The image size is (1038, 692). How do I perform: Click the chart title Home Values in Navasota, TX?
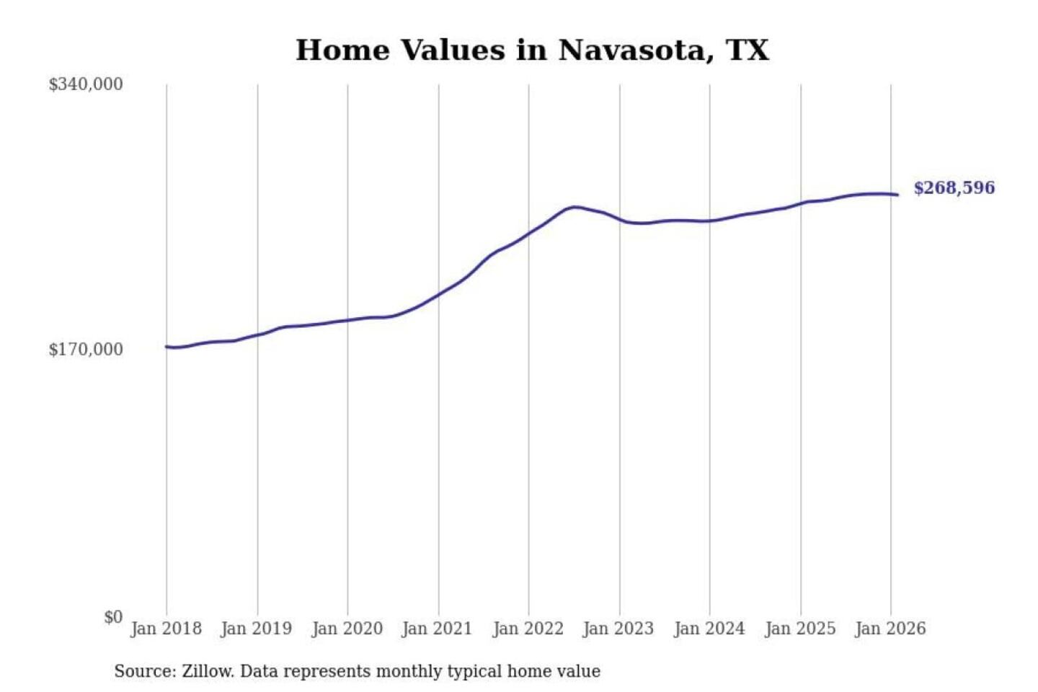point(532,50)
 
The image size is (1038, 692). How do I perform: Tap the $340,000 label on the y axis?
point(86,84)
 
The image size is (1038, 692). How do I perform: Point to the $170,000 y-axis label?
point(86,350)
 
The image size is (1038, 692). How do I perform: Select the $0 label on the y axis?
point(113,617)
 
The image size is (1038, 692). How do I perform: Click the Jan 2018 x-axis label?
point(166,629)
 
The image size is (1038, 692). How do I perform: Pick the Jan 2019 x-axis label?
point(257,629)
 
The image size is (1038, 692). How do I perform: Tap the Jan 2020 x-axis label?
point(347,629)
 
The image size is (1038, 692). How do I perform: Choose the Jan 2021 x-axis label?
point(437,629)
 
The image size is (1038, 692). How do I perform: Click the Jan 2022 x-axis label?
point(528,629)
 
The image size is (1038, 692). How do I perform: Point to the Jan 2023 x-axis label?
point(618,629)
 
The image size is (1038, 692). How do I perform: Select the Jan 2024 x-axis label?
point(709,629)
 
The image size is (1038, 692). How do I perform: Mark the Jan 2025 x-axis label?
point(800,629)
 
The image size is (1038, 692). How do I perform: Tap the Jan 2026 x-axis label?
point(890,629)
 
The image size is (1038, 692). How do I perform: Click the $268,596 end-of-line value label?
point(954,188)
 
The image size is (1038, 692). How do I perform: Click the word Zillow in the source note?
point(208,672)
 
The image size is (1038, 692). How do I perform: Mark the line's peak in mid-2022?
point(575,207)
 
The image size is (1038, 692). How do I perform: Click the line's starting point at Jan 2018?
point(167,347)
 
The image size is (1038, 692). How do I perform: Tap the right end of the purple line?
point(897,195)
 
